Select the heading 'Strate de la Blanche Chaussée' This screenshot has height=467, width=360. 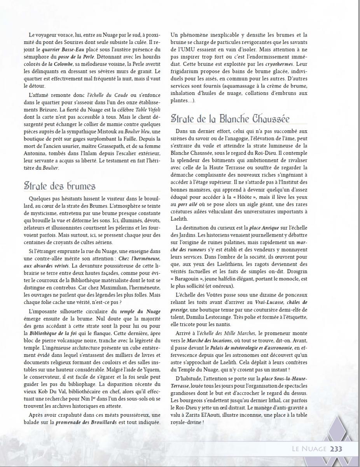pyautogui.click(x=230, y=119)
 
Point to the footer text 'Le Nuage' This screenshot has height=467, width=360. pyautogui.click(x=309, y=449)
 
